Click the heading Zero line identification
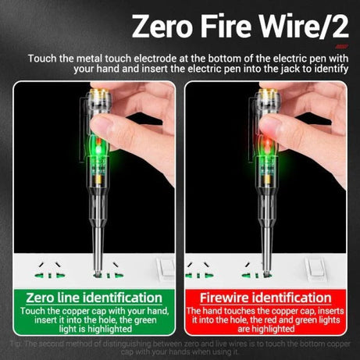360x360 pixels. pos(94,298)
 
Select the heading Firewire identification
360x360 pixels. pos(265,298)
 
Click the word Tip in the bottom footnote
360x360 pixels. pos(17,344)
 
